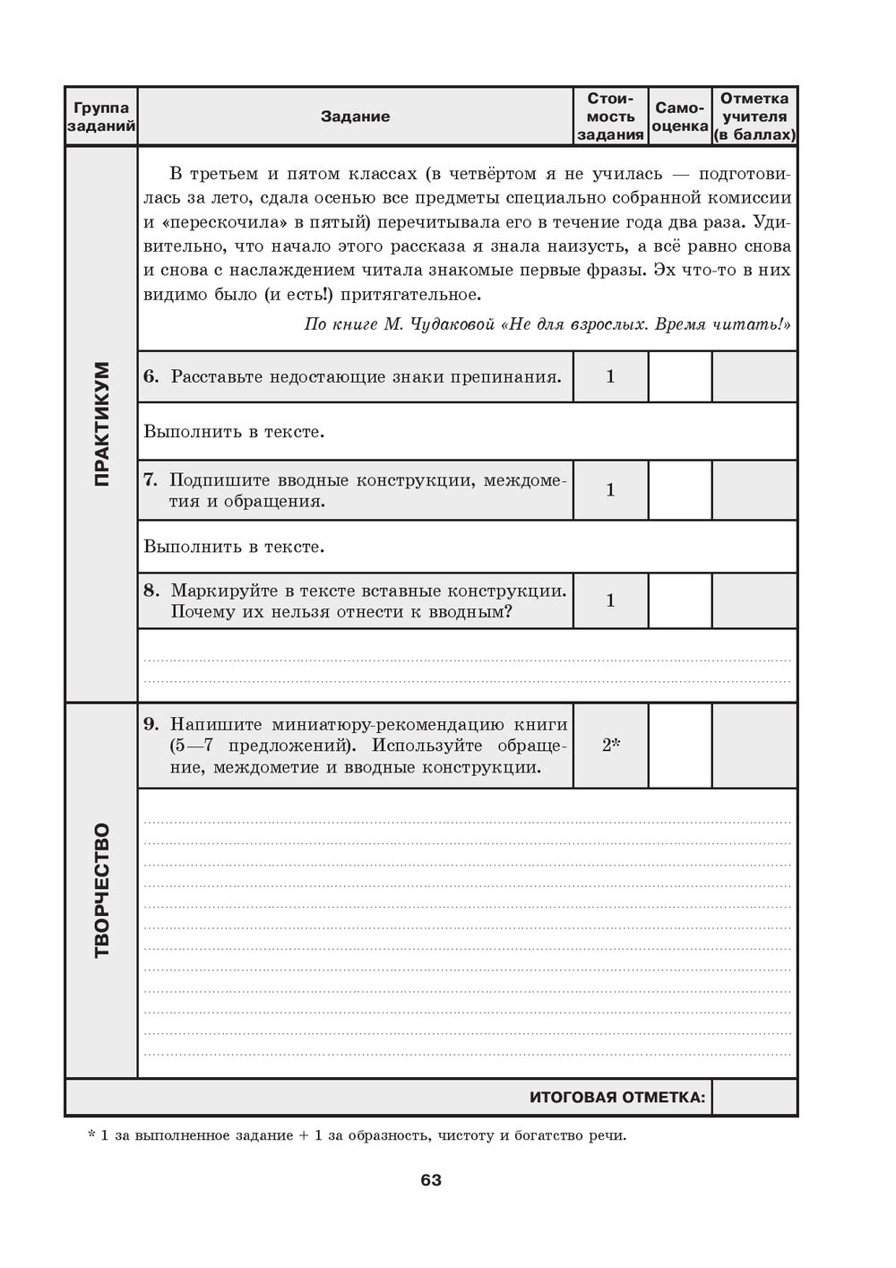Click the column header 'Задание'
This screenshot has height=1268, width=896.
pos(355,116)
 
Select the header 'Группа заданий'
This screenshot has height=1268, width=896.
pos(101,116)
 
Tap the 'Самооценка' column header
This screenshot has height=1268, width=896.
pos(680,116)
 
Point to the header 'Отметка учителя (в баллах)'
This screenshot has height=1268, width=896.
pos(754,116)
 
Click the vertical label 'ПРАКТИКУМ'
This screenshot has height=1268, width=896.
pos(101,424)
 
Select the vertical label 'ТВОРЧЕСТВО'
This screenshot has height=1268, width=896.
pos(101,890)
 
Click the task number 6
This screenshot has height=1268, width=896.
pos(150,376)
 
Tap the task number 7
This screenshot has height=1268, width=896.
pos(150,480)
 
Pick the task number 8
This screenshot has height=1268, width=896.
pos(150,591)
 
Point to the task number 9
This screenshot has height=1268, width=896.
pos(150,724)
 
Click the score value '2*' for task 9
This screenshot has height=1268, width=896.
pos(611,746)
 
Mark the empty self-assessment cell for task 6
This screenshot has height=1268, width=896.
pos(680,376)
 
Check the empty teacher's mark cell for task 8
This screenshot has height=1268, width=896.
pos(754,600)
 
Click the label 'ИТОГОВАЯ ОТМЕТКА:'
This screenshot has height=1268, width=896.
pos(617,1097)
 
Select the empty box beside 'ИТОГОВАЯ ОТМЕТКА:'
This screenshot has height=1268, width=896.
pos(754,1097)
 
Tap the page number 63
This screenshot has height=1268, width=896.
pos(431,1180)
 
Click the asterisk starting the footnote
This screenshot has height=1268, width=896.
pos(91,1135)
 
